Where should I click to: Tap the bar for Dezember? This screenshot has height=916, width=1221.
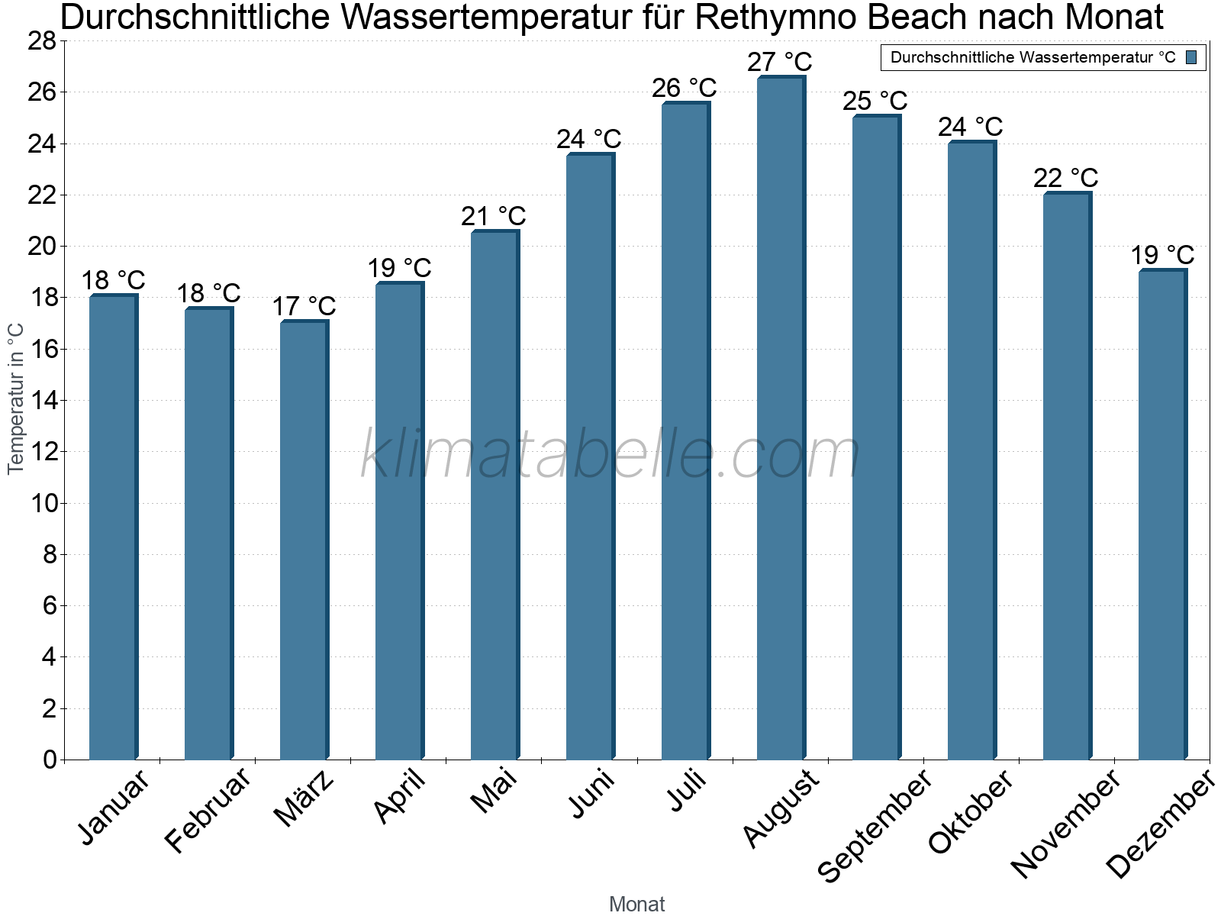pyautogui.click(x=1161, y=514)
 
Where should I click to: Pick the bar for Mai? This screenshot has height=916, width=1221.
pyautogui.click(x=494, y=495)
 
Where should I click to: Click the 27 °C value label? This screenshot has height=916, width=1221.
pyautogui.click(x=779, y=62)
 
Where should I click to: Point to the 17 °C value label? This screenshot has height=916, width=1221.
pyautogui.click(x=304, y=306)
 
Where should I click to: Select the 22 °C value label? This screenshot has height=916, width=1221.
pyautogui.click(x=1065, y=178)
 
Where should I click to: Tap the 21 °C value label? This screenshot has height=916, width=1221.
pyautogui.click(x=493, y=216)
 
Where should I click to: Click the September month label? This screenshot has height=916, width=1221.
pyautogui.click(x=875, y=824)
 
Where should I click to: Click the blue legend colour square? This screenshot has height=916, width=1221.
pyautogui.click(x=1191, y=57)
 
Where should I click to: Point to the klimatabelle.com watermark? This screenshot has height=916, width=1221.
pyautogui.click(x=610, y=455)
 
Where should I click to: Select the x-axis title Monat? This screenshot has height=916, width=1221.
pyautogui.click(x=636, y=905)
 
